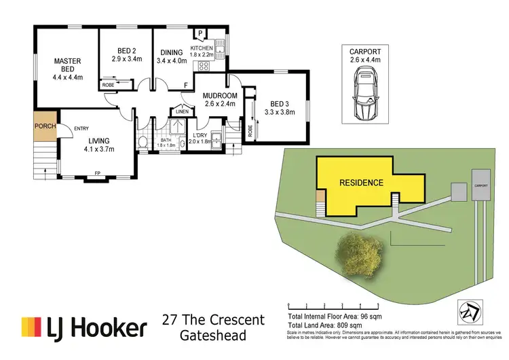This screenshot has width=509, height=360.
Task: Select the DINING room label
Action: [171, 53]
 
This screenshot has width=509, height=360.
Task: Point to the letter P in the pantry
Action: [202, 33]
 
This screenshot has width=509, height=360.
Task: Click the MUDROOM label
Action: [220, 96]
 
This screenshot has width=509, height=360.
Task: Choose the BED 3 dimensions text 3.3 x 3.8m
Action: [280, 112]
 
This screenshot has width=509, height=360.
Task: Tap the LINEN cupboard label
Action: [181, 111]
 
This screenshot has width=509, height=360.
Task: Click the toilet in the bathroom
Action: [143, 141]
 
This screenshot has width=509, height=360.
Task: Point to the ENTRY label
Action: [81, 128]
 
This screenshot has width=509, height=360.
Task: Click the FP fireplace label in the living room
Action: [97, 173]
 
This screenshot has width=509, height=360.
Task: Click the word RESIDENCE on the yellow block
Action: [362, 183]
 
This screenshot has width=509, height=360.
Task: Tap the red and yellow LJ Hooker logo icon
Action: [31, 327]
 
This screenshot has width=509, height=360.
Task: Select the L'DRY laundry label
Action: [200, 135]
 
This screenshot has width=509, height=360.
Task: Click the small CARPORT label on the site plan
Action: [481, 184]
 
